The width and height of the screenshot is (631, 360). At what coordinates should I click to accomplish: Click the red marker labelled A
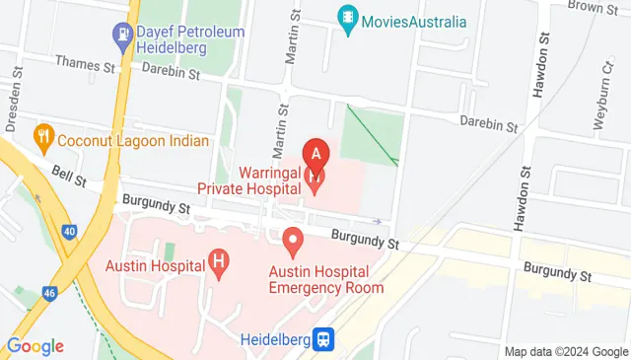tap(315, 155)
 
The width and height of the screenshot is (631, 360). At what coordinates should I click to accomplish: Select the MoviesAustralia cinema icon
tap(347, 19)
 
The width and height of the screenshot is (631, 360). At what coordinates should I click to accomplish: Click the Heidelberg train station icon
tap(323, 339)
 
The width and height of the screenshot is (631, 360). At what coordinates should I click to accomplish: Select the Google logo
tap(35, 346)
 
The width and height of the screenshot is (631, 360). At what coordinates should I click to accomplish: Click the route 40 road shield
tap(67, 231)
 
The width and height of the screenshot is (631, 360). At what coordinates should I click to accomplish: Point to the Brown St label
tap(594, 7)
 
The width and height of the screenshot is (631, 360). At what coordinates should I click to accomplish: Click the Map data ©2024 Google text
tap(566, 351)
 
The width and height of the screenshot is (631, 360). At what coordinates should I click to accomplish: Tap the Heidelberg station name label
tap(275, 338)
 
